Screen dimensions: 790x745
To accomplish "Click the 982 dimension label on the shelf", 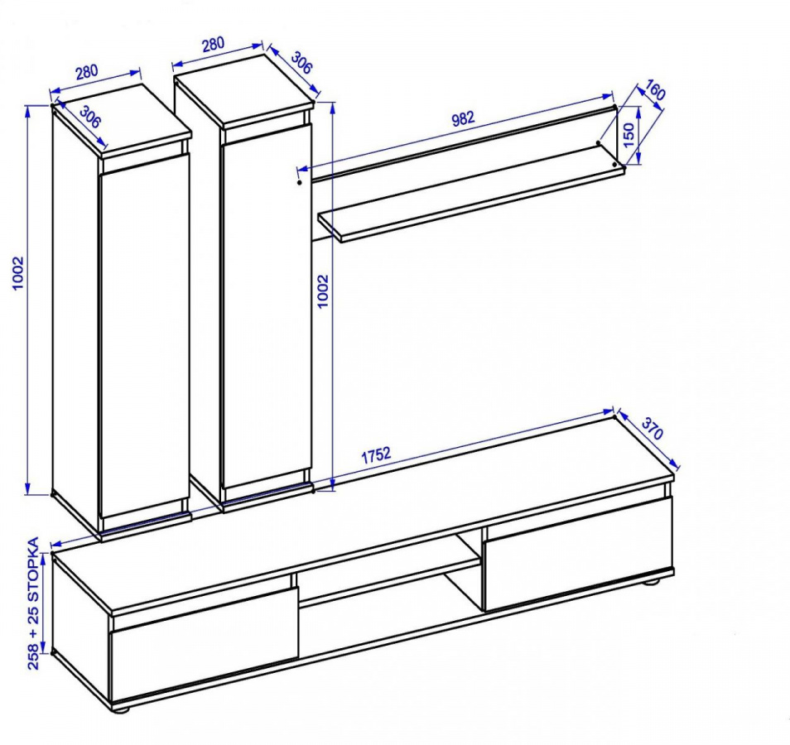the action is [x=463, y=118].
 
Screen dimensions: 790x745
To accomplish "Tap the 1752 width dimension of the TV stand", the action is [x=376, y=454].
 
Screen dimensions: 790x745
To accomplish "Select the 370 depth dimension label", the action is [x=653, y=429].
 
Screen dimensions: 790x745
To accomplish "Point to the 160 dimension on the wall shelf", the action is [x=654, y=91].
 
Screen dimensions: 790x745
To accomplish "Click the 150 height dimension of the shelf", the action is [x=629, y=135].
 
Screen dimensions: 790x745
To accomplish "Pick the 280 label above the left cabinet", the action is [x=87, y=72].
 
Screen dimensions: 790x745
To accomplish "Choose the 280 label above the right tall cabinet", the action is [x=213, y=45].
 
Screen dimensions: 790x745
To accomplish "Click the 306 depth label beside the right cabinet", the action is [x=301, y=63].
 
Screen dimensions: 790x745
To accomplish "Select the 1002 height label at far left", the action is [x=18, y=273].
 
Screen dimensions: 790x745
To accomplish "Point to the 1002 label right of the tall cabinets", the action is [x=323, y=291].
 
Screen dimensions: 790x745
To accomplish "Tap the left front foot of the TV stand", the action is [x=121, y=709].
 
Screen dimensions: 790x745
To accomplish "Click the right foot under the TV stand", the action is [x=653, y=583].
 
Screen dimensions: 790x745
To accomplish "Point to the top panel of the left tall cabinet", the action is [x=122, y=120].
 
